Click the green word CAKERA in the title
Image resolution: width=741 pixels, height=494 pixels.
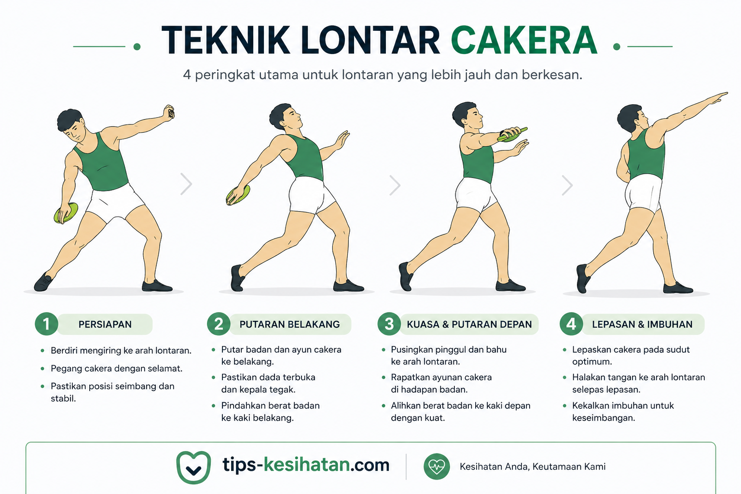[524, 40]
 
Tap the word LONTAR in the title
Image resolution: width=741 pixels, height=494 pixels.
[370, 40]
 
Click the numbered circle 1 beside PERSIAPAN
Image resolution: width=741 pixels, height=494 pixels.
[46, 324]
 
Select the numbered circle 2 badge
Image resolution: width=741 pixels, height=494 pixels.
[219, 324]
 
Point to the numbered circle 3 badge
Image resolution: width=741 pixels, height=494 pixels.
[389, 324]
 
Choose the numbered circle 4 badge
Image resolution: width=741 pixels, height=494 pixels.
[571, 324]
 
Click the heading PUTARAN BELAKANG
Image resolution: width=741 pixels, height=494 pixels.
[289, 324]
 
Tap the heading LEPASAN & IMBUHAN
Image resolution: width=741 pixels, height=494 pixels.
[642, 324]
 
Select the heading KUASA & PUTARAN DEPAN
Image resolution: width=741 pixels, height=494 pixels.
[469, 324]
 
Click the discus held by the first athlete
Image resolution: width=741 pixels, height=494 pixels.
[66, 213]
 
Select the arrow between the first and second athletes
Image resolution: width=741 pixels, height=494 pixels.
[186, 184]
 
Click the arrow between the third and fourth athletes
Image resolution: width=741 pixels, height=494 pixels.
[567, 185]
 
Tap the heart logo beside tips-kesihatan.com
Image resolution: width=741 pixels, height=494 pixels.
[193, 467]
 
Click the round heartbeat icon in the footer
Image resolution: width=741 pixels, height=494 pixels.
[437, 467]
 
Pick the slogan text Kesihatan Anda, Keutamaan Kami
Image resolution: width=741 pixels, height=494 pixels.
[533, 467]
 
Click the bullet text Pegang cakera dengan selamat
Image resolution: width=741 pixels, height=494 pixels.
[116, 368]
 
